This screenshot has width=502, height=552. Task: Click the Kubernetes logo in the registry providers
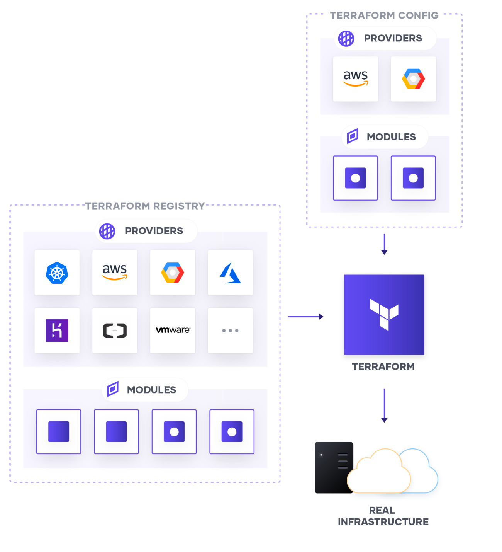click(x=57, y=273)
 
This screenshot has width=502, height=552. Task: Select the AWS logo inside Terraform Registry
click(x=115, y=272)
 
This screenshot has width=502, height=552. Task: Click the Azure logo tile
click(x=230, y=273)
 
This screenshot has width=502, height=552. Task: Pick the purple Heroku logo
click(x=57, y=331)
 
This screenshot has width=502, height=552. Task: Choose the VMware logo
click(x=173, y=330)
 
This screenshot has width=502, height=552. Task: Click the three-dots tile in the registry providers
click(x=230, y=331)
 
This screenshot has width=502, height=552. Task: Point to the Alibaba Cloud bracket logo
click(x=115, y=331)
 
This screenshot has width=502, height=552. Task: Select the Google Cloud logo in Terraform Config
click(x=413, y=79)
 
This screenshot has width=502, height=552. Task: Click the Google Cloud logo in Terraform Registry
click(x=173, y=273)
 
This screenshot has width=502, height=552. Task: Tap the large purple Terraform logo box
click(x=384, y=315)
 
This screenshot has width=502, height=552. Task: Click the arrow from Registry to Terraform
click(x=305, y=317)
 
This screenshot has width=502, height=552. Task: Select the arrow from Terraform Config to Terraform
click(x=384, y=244)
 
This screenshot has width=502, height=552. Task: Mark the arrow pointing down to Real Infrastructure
click(x=384, y=405)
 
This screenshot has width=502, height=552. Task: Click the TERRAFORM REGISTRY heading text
click(x=145, y=206)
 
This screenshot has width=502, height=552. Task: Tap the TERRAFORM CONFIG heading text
click(x=384, y=15)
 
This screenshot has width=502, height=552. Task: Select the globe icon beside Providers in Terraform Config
click(x=346, y=39)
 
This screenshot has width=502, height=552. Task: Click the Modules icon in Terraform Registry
click(x=113, y=389)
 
